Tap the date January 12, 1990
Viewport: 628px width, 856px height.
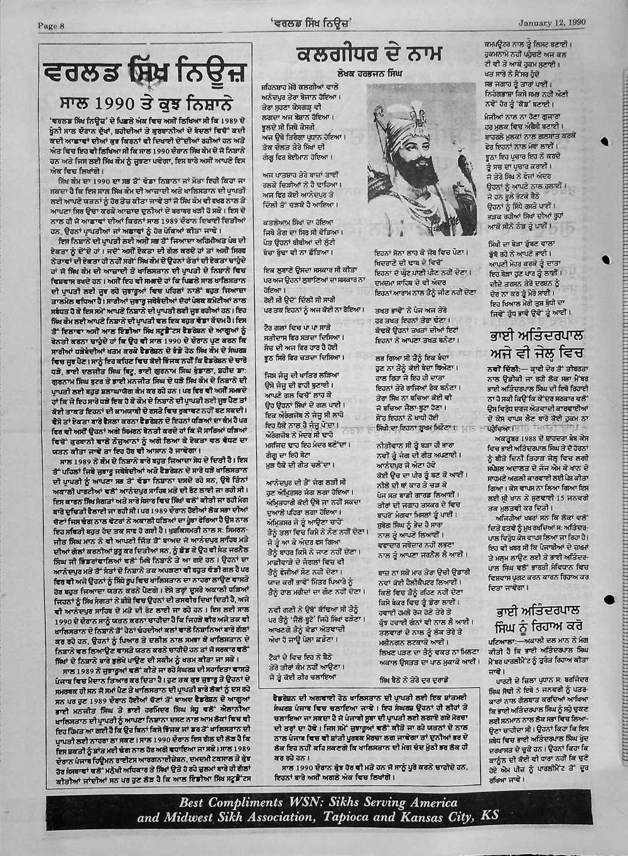tap(552, 23)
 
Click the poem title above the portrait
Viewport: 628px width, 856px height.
tap(368, 55)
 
